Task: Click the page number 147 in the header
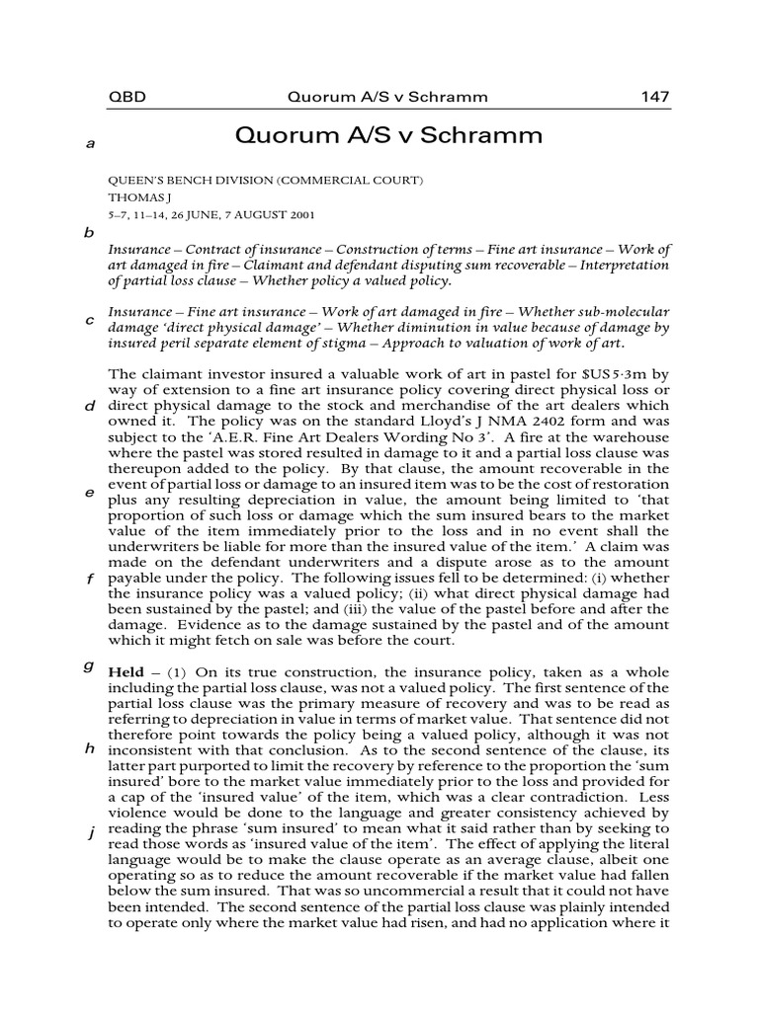click(x=654, y=97)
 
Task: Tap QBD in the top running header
click(x=124, y=97)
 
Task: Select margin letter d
click(x=89, y=406)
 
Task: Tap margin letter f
click(x=89, y=579)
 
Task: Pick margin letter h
click(x=89, y=748)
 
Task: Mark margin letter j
click(x=90, y=834)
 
